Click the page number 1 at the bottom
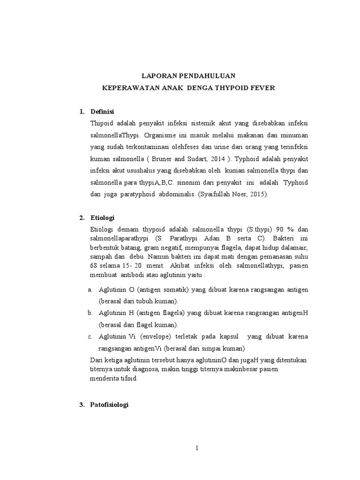(x=197, y=448)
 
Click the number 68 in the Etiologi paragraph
(x=94, y=265)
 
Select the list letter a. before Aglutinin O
(x=91, y=290)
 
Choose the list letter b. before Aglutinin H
(x=91, y=313)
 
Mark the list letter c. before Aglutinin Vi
(x=91, y=337)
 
